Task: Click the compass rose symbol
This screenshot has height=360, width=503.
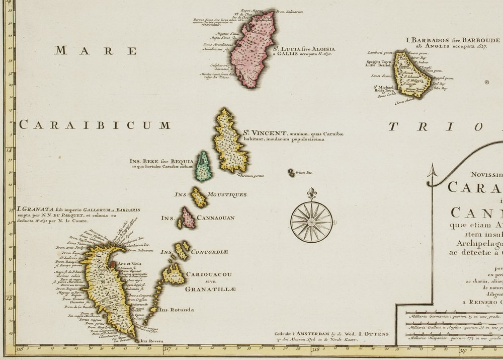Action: pos(311,222)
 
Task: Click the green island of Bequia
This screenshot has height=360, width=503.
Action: pos(203,166)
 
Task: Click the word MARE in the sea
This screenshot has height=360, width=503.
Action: pos(96,50)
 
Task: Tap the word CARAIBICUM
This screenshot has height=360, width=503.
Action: pos(95,125)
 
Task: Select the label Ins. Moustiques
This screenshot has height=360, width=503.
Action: pos(210,194)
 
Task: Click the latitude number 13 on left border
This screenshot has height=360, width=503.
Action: pos(8,150)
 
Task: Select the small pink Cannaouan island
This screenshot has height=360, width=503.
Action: pos(188,218)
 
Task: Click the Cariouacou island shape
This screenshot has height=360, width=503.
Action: pos(173,275)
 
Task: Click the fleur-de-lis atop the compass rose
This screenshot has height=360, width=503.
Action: pos(311,193)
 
